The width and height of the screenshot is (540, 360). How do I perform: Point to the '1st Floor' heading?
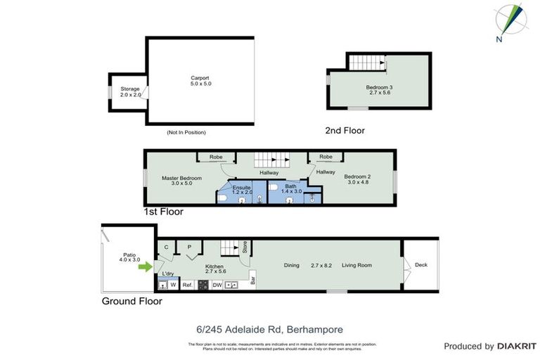(163, 212)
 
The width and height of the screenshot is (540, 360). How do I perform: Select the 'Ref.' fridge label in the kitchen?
(187, 285)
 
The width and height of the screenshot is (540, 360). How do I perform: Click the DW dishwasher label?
(217, 285)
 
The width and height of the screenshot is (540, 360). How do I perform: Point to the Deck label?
(421, 265)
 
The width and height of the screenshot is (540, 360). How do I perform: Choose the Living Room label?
(356, 265)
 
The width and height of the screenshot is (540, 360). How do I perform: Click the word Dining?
(291, 265)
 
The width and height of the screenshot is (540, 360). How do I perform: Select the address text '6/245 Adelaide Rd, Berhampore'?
(270, 328)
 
